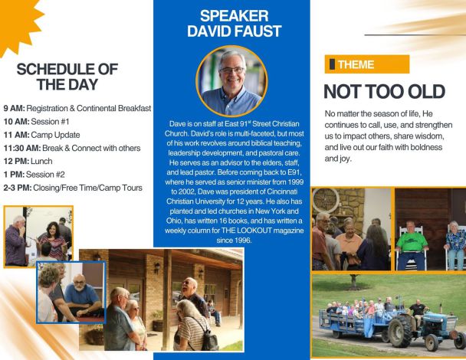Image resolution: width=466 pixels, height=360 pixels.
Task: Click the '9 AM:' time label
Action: coord(15,109)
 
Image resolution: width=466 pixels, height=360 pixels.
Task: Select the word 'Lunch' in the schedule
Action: coord(41,162)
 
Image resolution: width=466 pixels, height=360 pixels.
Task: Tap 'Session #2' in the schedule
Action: coord(45,175)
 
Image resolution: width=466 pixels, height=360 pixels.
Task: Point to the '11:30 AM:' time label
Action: coord(22,148)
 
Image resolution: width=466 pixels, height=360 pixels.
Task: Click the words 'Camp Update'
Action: coord(56,135)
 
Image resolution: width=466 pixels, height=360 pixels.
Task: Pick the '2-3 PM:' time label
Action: coord(18,188)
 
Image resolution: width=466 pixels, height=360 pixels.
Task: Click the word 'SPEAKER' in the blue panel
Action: coord(235,16)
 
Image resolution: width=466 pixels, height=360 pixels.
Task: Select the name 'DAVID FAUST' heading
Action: coord(235,31)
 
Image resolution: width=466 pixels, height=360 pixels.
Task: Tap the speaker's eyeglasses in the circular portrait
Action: coord(232,70)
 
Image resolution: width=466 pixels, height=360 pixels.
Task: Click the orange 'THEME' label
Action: coord(367,64)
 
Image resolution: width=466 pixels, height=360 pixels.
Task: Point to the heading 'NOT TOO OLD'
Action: coord(384,91)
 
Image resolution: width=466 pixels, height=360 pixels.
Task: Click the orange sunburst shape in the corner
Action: coord(16,21)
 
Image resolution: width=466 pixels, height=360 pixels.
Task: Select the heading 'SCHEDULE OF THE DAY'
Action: coord(67,77)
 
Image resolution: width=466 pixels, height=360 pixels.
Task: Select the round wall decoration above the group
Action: coord(326,201)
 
